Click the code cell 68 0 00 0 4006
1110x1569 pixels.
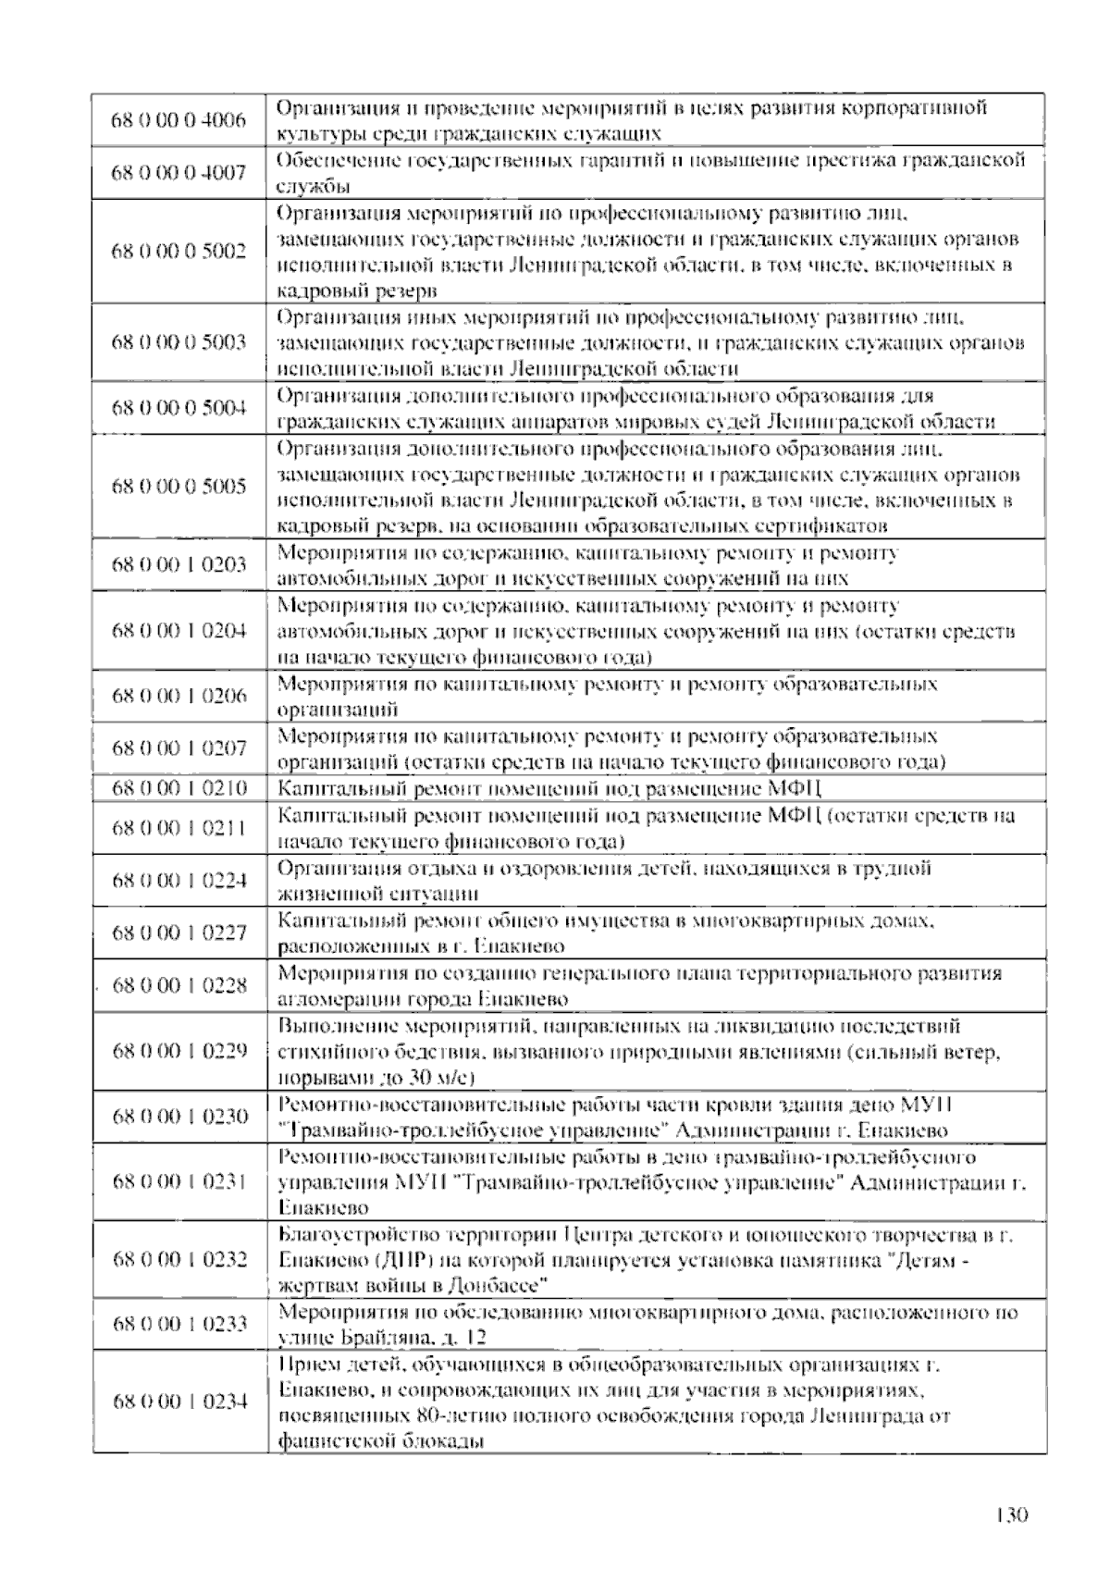179,120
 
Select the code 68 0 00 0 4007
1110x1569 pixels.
179,172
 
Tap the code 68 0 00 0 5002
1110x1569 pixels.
179,252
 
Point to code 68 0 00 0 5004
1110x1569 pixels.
179,408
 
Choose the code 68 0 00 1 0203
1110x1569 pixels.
179,565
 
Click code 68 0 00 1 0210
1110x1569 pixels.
179,788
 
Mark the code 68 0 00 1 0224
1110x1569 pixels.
179,880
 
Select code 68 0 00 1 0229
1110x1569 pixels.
179,1051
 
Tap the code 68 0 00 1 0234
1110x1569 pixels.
179,1402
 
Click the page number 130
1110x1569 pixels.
1012,1515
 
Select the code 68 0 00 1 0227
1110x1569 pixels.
179,933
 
